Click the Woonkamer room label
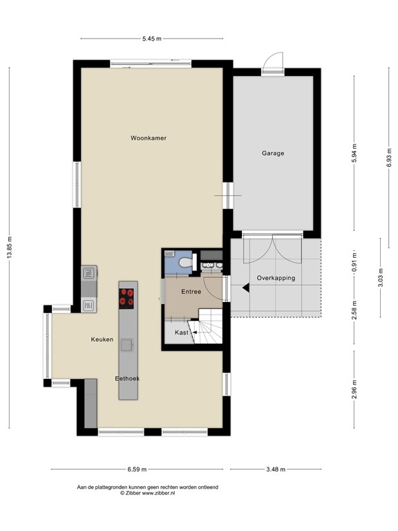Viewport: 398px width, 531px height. point(149,138)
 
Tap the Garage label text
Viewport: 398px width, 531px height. point(273,153)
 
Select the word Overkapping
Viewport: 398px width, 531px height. point(276,278)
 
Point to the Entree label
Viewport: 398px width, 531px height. point(191,292)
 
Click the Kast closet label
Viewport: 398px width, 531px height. point(181,333)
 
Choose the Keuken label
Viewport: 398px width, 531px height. point(102,340)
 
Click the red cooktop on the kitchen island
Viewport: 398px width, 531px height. point(127,297)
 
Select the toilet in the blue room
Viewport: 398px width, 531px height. point(178,263)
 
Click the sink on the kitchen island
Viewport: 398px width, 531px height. point(127,344)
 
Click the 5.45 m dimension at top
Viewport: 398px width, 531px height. point(152,39)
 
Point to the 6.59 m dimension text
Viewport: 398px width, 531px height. point(136,469)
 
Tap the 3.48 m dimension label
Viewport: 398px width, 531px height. point(275,469)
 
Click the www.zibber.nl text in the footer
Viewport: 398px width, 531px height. point(160,493)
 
